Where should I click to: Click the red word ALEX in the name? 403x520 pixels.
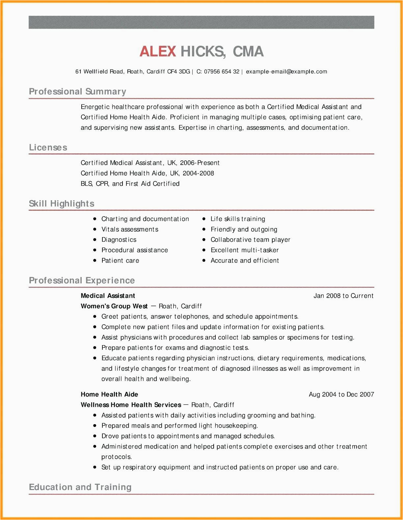point(158,52)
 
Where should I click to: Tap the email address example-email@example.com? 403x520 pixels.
point(286,72)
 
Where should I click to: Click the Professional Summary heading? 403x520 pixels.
point(77,92)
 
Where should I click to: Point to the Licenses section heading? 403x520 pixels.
point(48,148)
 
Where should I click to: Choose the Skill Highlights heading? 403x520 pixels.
point(62,204)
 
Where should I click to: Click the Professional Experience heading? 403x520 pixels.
point(82,281)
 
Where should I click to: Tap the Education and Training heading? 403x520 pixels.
point(80,487)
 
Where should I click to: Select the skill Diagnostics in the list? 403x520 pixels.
point(119,240)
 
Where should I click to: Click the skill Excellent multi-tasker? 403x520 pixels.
point(245,250)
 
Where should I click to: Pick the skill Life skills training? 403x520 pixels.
point(238,219)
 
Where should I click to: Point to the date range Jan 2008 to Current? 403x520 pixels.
point(343,296)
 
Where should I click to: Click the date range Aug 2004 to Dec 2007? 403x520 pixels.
point(341,395)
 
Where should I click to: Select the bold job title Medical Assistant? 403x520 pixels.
point(108,296)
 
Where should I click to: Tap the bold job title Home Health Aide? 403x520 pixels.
point(109,395)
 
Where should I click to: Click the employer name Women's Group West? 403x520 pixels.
point(114,306)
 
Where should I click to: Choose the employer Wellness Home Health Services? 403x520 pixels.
point(131,405)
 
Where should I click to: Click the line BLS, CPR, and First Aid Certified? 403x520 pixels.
point(130,184)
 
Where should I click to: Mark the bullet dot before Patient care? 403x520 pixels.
point(95,260)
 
